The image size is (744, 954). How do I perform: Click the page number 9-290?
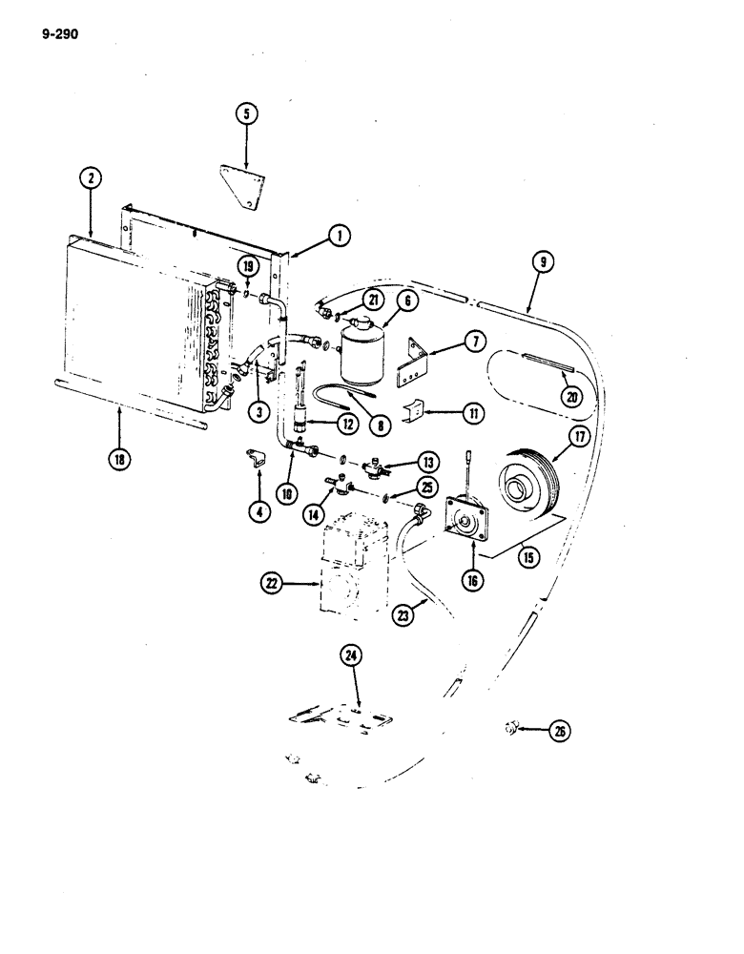[60, 35]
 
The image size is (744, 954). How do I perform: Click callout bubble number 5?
[246, 115]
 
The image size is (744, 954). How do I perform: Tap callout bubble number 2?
[90, 177]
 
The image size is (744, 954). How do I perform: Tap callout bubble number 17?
[578, 440]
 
